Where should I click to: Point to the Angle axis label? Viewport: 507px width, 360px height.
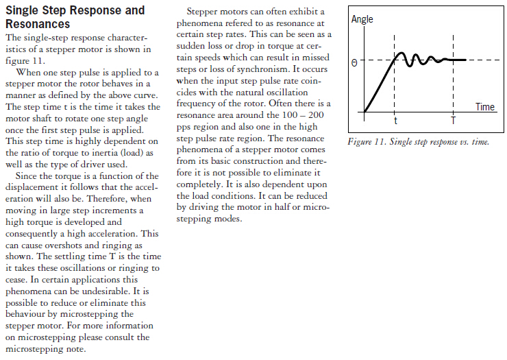pos(362,19)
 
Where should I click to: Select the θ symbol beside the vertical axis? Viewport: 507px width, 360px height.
pos(354,62)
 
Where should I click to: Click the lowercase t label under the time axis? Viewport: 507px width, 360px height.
pos(395,120)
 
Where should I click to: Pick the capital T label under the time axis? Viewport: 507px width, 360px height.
pos(453,120)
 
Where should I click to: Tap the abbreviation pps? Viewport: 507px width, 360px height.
pos(184,127)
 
